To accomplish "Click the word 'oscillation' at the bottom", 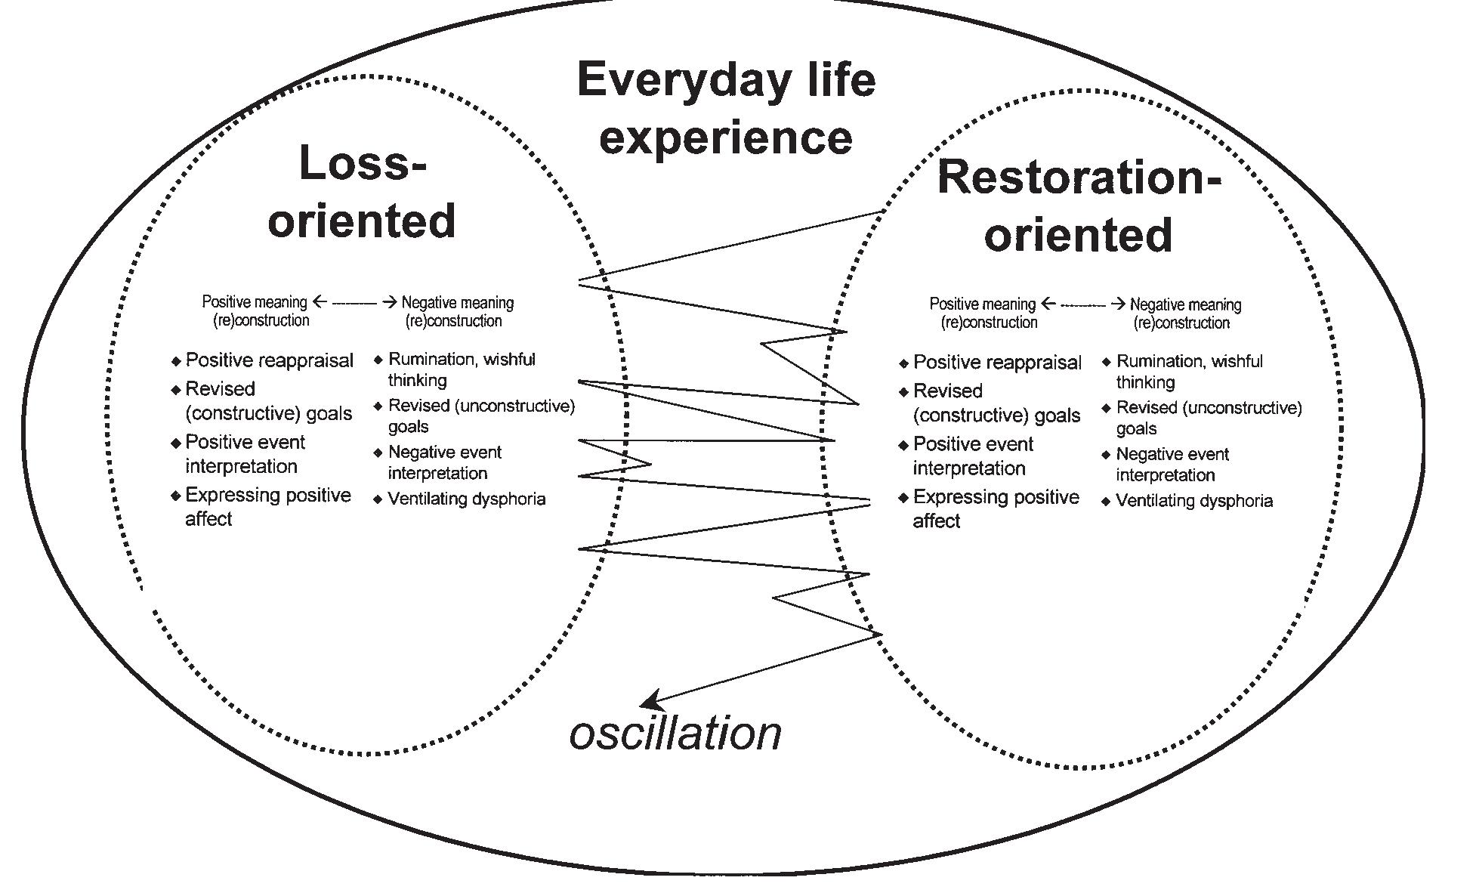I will click(675, 734).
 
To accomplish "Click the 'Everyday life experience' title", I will click(726, 108).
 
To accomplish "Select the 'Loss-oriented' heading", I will click(363, 192).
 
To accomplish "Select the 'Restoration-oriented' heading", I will click(1079, 205).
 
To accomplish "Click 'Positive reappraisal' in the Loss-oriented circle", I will click(269, 360).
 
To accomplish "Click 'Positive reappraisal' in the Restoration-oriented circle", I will click(997, 363).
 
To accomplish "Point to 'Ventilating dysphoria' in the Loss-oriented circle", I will click(466, 499).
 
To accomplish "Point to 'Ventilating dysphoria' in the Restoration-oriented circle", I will click(1193, 500).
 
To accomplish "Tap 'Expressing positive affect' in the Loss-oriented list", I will click(267, 506).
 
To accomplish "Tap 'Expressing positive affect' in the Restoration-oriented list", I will click(995, 508).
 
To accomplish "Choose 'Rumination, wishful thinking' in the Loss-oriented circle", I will click(461, 369).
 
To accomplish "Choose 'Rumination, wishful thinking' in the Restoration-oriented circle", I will click(1189, 372).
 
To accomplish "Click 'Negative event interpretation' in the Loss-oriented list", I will click(444, 462).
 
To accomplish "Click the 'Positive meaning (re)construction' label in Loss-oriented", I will click(255, 311).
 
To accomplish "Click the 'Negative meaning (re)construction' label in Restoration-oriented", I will click(1184, 313).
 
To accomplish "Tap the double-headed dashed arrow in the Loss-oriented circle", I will click(354, 302).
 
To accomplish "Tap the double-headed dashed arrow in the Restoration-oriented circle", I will click(1082, 304).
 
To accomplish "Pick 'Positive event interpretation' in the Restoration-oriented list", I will click(972, 456).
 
